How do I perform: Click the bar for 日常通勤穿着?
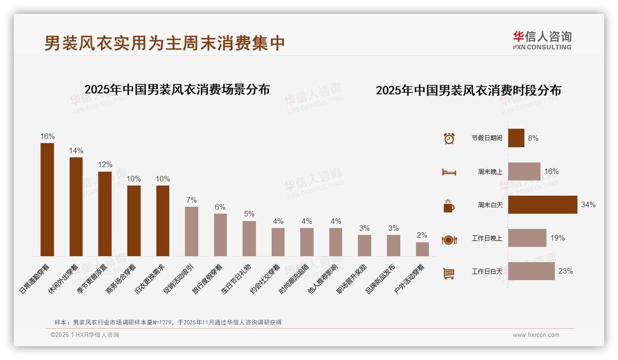tap(47, 199)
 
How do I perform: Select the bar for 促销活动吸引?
tap(191, 231)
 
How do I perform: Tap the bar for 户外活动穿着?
tap(422, 249)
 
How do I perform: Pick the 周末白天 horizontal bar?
tap(542, 205)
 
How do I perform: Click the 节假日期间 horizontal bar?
tap(516, 138)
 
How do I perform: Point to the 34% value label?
tap(588, 205)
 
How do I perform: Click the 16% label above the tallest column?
tap(47, 137)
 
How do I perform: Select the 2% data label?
tap(422, 235)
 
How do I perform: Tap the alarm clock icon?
tap(449, 138)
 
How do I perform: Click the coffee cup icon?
tap(449, 206)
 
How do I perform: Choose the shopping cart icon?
tap(449, 273)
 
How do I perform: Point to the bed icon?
tap(449, 172)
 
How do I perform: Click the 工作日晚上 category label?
tap(487, 239)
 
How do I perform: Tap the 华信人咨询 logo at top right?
tap(542, 41)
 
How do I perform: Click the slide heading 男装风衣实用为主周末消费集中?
tap(165, 43)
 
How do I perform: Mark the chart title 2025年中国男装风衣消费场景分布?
tap(177, 90)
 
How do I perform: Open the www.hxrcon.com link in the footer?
tap(535, 335)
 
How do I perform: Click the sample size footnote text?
tap(168, 323)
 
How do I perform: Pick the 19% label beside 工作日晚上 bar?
tap(557, 238)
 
